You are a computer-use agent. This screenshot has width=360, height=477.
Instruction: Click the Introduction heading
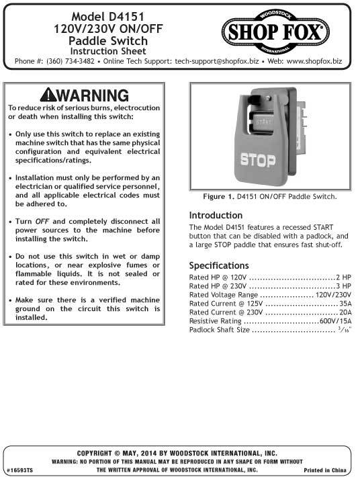coord(216,216)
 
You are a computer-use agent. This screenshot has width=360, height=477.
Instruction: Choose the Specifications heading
coord(219,265)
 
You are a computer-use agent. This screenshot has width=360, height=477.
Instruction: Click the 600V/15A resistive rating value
coord(336,321)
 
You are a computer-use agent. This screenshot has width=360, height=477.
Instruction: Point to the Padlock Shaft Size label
coord(220,331)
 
